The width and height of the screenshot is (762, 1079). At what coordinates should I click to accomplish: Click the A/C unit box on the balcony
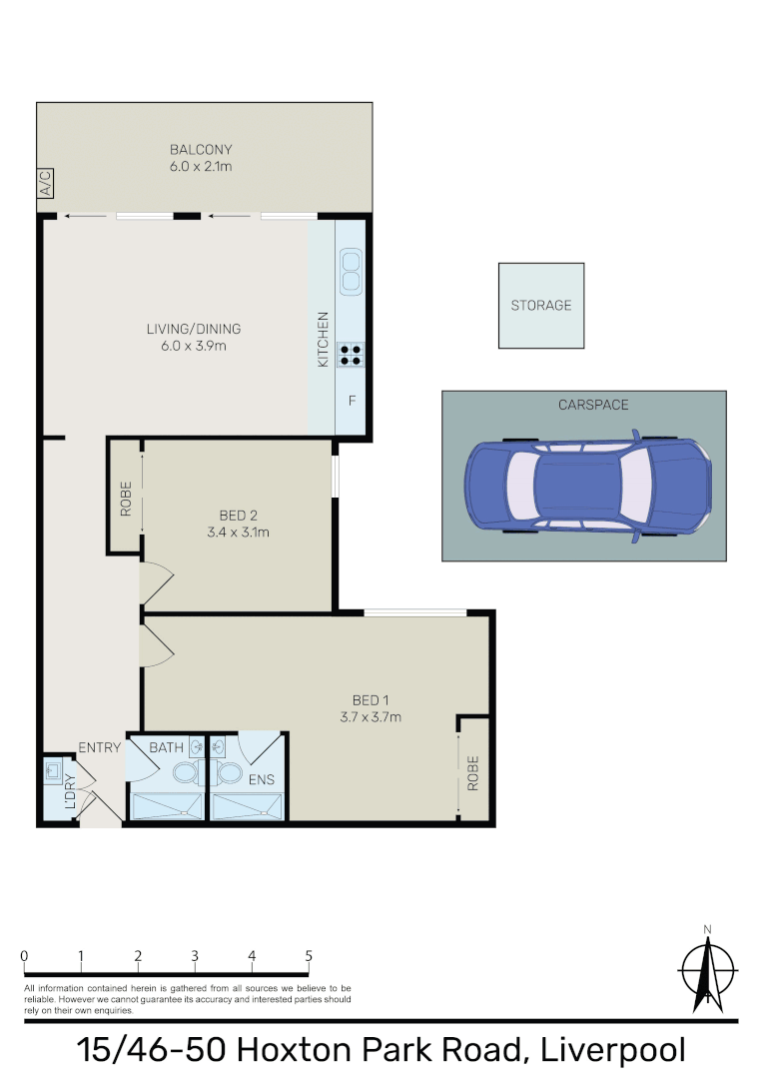[x=45, y=184]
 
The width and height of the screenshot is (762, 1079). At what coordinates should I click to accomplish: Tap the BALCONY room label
[x=200, y=150]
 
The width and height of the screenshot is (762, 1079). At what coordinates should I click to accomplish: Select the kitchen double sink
[x=351, y=271]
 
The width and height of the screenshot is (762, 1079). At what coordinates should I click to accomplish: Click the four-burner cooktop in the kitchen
[x=351, y=353]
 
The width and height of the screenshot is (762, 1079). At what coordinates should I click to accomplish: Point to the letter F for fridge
[x=352, y=402]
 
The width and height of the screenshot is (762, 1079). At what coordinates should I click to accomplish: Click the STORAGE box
[x=541, y=306]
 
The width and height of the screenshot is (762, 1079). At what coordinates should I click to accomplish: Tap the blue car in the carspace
[x=588, y=487]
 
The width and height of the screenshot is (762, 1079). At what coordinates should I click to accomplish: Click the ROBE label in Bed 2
[x=126, y=499]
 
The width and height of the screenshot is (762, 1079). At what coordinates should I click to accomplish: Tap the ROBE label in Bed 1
[x=473, y=771]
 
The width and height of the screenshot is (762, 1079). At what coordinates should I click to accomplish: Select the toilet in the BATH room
[x=185, y=773]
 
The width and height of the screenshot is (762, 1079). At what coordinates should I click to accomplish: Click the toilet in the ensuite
[x=229, y=773]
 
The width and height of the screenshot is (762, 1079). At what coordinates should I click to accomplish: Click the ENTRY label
[x=99, y=747]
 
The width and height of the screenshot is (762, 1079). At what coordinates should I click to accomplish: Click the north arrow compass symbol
[x=707, y=968]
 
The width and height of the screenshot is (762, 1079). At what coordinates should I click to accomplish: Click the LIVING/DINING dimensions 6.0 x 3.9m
[x=194, y=347]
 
